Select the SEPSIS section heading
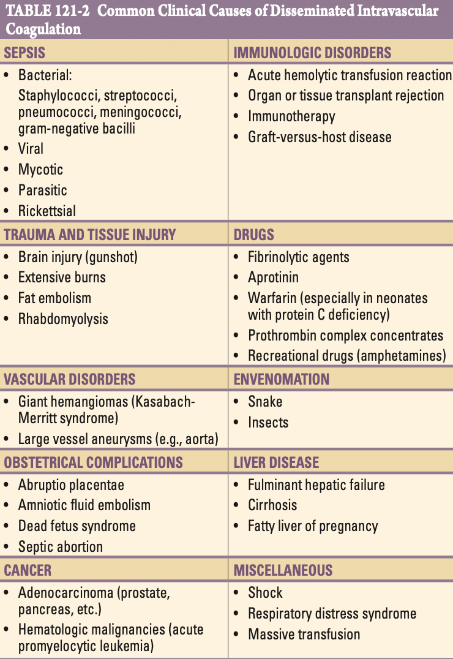(24, 53)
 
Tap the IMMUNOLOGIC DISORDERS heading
(312, 53)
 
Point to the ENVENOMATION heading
(281, 379)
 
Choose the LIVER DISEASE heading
(276, 462)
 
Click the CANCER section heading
(28, 570)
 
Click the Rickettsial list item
(47, 211)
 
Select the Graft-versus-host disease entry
(320, 137)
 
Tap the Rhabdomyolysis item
(63, 319)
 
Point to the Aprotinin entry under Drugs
(273, 277)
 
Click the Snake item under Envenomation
(265, 402)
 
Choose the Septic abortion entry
(61, 546)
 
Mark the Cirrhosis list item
(272, 505)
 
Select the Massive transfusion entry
(304, 635)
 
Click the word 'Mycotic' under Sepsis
(40, 170)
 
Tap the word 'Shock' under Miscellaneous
(265, 593)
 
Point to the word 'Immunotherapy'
(291, 116)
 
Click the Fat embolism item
(54, 298)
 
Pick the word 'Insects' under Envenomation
(268, 423)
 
